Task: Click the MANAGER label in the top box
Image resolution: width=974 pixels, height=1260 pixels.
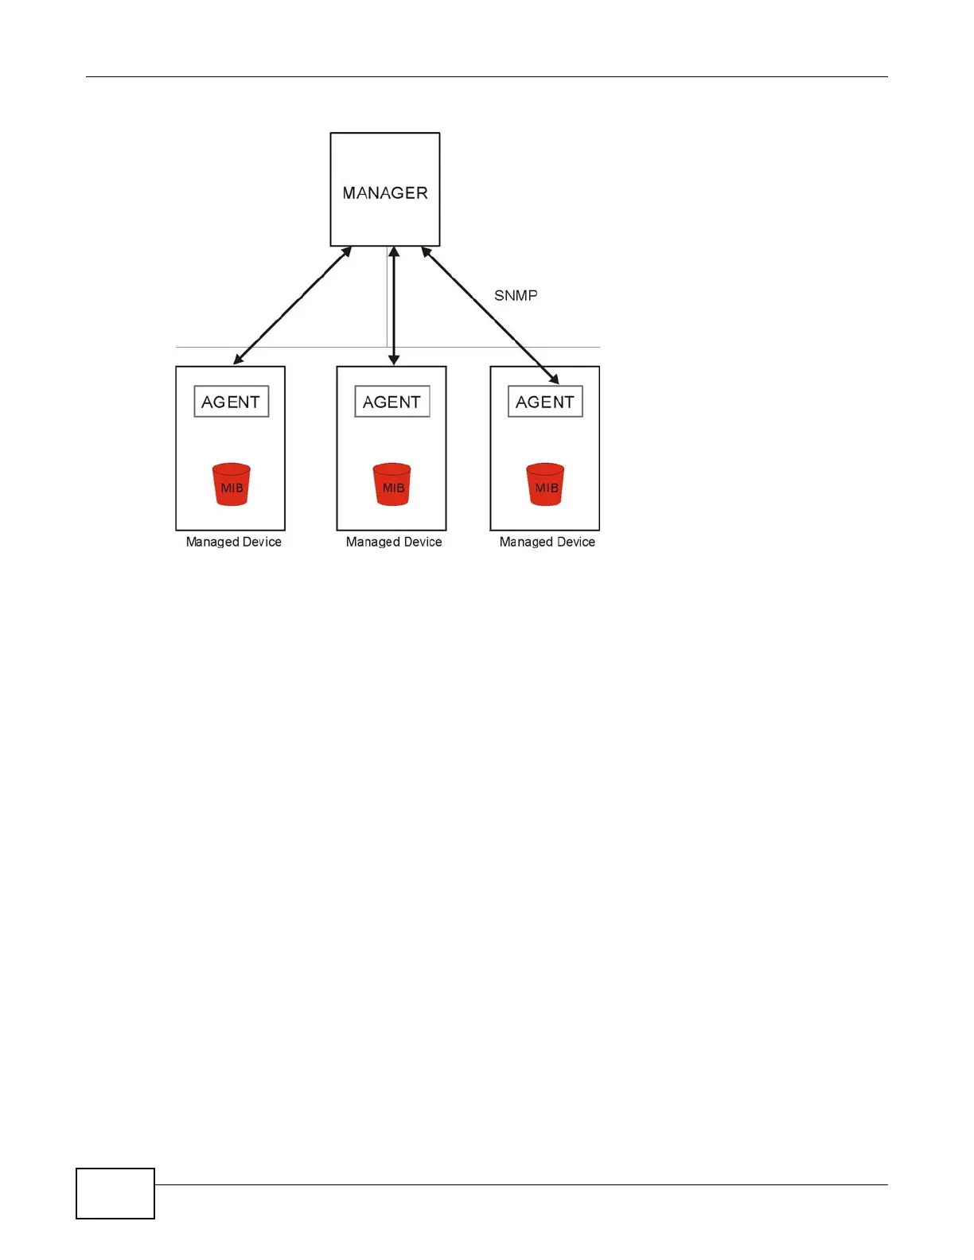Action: pyautogui.click(x=385, y=193)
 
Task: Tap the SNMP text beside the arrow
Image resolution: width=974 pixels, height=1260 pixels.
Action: pyautogui.click(x=516, y=296)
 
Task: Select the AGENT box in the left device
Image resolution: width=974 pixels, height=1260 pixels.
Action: pyautogui.click(x=231, y=402)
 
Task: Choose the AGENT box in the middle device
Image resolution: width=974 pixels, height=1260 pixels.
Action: pyautogui.click(x=392, y=402)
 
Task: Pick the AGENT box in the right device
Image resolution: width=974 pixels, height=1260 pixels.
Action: pyautogui.click(x=545, y=402)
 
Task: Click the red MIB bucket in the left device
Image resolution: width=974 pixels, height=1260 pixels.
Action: pyautogui.click(x=232, y=484)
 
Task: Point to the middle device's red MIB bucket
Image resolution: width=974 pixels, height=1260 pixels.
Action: pyautogui.click(x=392, y=484)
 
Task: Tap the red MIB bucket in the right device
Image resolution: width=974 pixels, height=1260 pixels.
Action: pyautogui.click(x=546, y=484)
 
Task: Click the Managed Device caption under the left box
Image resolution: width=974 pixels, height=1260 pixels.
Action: pyautogui.click(x=233, y=542)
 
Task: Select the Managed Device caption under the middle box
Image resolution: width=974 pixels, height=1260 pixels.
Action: pyautogui.click(x=394, y=542)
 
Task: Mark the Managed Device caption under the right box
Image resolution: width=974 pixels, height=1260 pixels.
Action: pyautogui.click(x=547, y=542)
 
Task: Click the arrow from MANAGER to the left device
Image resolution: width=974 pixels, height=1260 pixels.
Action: pyautogui.click(x=293, y=305)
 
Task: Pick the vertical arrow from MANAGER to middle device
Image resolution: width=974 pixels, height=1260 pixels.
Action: pyautogui.click(x=394, y=306)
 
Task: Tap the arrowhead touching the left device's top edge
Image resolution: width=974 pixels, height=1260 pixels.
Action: pyautogui.click(x=238, y=360)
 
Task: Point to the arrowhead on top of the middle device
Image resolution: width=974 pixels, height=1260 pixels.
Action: pyautogui.click(x=394, y=360)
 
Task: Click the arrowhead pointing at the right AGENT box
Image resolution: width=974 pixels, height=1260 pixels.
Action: pyautogui.click(x=554, y=379)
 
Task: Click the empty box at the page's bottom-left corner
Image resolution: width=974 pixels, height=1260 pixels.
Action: pyautogui.click(x=115, y=1193)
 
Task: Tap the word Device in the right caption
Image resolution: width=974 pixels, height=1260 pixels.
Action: pyautogui.click(x=575, y=542)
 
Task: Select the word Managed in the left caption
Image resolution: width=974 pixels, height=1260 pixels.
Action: pyautogui.click(x=212, y=542)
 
